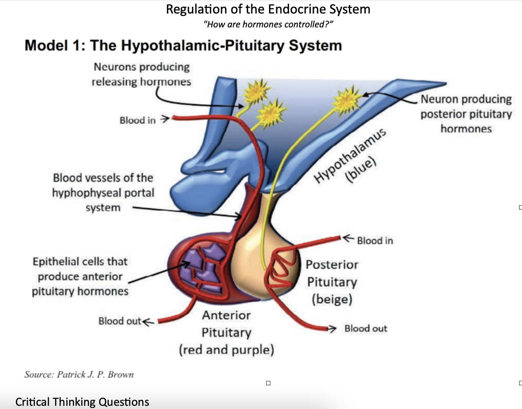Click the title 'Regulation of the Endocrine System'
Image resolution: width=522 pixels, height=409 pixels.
click(268, 9)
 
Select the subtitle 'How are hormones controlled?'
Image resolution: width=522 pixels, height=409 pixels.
click(268, 25)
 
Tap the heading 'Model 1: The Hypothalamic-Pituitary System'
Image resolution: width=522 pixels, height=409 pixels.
click(183, 46)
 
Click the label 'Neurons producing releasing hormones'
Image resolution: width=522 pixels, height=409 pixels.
click(141, 74)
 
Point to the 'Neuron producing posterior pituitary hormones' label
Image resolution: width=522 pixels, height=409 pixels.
click(466, 114)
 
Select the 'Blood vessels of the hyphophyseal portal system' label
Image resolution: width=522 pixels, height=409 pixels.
click(103, 192)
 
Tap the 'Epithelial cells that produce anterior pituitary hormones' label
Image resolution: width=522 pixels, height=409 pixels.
click(80, 276)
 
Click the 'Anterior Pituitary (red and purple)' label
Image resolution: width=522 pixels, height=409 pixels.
click(226, 333)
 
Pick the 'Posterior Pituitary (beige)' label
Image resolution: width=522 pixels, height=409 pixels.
click(332, 282)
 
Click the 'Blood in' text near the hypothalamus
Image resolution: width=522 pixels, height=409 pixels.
click(137, 121)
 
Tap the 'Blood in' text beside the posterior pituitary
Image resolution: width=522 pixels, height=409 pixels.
click(375, 241)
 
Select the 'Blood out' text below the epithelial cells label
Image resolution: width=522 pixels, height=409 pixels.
click(120, 321)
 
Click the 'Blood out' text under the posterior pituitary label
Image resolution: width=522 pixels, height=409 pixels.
click(365, 329)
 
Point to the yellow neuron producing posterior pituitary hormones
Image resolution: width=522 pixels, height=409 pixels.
click(346, 100)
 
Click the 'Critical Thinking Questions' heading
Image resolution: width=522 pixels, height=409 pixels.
click(82, 402)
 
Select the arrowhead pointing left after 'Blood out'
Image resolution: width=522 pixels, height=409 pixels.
click(148, 322)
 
